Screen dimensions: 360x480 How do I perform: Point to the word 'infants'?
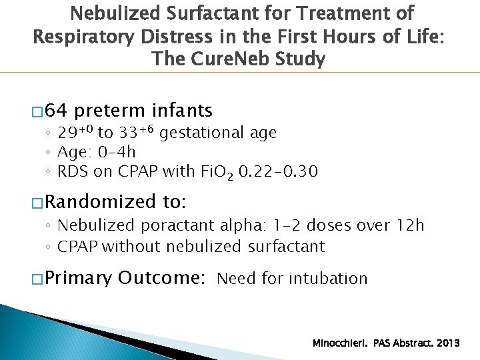182,110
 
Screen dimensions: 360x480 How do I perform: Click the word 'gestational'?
198,133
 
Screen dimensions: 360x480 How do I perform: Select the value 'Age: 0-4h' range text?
96,152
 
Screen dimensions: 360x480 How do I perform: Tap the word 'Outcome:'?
161,277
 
